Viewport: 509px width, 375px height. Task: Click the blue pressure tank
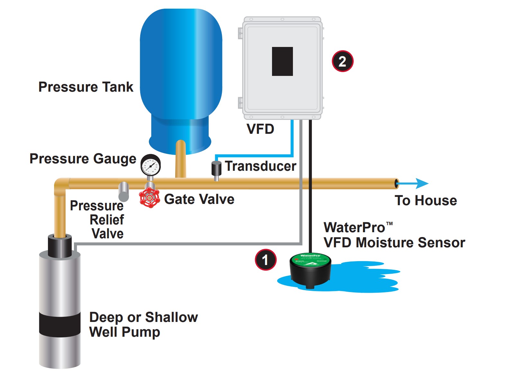tap(181, 74)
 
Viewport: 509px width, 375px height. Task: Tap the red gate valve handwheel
tap(150, 198)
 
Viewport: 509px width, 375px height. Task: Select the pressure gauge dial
tap(150, 165)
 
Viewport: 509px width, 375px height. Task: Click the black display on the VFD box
tap(282, 61)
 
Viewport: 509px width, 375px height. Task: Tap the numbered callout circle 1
tap(266, 260)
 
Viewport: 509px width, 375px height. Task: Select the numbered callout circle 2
tap(342, 61)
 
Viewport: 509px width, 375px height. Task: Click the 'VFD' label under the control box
tap(260, 129)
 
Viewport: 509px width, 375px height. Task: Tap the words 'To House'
tap(426, 200)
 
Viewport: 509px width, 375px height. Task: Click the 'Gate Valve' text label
tap(199, 199)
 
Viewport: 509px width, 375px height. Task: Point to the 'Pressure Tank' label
tap(86, 87)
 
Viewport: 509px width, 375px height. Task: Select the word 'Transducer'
tap(260, 166)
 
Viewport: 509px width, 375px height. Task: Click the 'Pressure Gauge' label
tap(83, 159)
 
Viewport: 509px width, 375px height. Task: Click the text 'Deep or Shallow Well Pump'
tap(143, 325)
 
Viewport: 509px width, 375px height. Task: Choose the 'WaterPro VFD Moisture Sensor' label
tap(394, 235)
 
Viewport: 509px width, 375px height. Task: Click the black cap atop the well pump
tap(60, 246)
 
